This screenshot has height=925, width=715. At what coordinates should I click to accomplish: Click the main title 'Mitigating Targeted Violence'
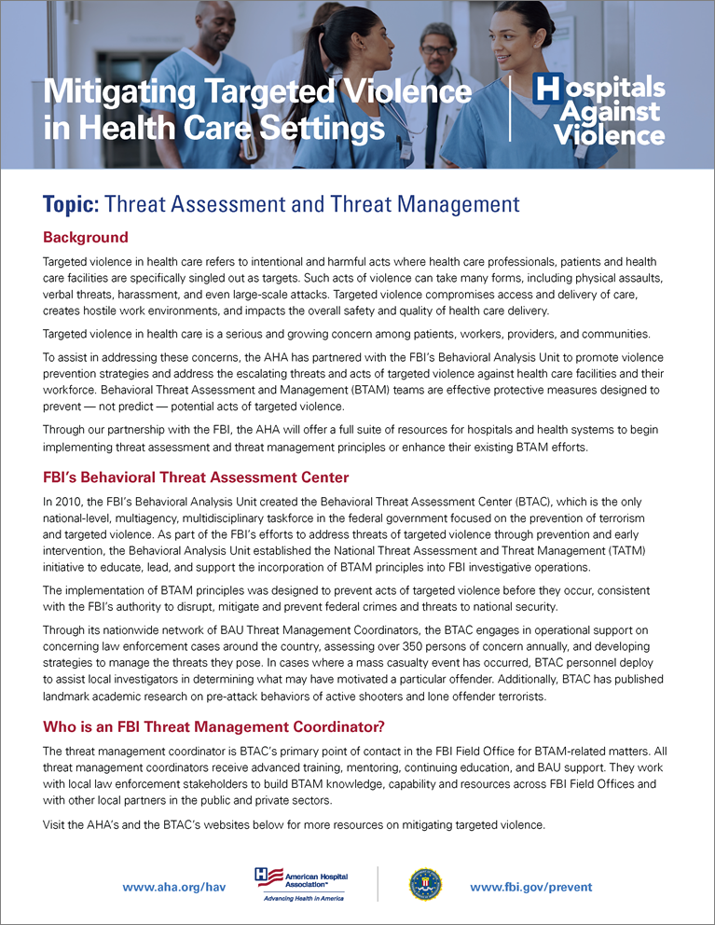(257, 91)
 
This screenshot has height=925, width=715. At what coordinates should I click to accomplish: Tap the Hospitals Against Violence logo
(598, 110)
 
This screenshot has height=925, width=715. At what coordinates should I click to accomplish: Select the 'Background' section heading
(86, 238)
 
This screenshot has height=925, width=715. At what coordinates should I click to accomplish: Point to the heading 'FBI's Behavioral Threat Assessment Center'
(196, 477)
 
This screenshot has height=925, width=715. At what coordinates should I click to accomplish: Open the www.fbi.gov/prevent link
(531, 887)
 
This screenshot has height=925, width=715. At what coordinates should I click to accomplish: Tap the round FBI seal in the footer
(424, 884)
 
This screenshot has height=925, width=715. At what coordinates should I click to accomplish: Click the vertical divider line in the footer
(377, 884)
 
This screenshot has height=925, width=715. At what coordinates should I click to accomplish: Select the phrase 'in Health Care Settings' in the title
(214, 126)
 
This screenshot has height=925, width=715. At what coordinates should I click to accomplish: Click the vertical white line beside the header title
(510, 109)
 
